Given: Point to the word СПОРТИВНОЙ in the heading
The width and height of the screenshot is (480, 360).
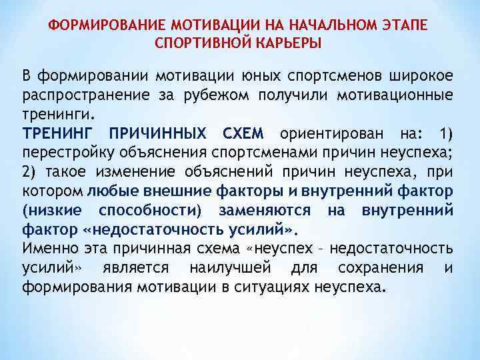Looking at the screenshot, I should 199,43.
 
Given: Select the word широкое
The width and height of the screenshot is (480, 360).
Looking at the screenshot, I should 419,74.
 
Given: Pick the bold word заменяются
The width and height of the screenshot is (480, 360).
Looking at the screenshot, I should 261,211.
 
